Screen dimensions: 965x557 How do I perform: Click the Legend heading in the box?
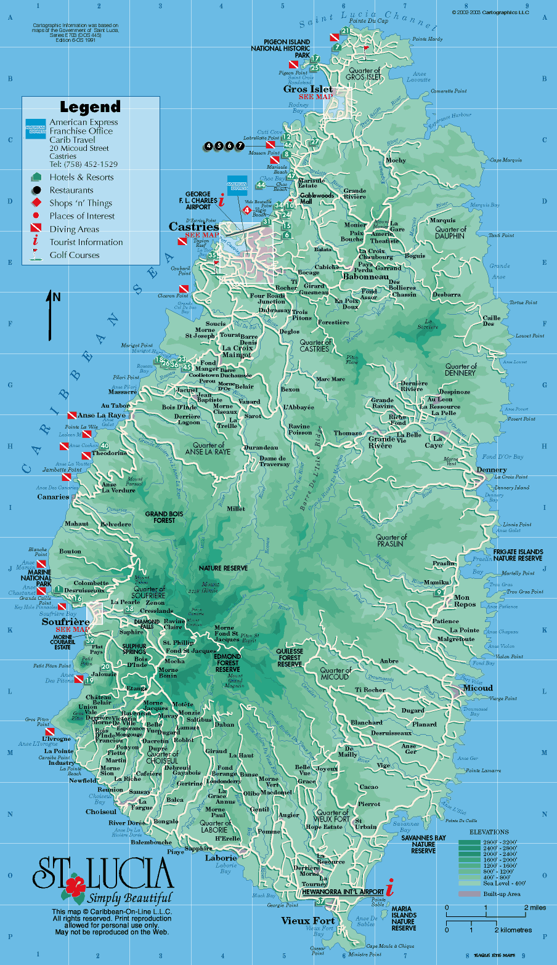click(90, 107)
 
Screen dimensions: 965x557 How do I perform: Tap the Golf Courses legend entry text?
click(75, 255)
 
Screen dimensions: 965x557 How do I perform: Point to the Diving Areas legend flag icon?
click(36, 229)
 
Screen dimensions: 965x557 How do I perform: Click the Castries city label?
click(193, 227)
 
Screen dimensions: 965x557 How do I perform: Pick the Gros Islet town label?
click(307, 89)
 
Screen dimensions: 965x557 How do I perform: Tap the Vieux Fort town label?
click(308, 921)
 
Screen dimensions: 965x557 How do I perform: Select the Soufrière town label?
click(65, 621)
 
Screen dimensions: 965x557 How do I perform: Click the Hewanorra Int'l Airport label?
click(343, 891)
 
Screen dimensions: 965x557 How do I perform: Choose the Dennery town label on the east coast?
click(492, 470)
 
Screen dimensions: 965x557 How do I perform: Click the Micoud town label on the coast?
click(478, 688)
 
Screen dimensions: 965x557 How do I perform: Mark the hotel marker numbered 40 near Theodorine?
click(105, 446)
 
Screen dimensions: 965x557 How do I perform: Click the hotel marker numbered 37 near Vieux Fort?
click(320, 902)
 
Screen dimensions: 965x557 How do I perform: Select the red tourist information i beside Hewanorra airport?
click(389, 889)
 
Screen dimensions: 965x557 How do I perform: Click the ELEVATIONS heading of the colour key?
click(489, 832)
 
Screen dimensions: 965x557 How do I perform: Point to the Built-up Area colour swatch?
click(468, 894)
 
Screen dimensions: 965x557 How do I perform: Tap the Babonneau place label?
click(366, 277)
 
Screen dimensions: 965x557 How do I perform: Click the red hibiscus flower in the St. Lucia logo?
click(75, 887)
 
